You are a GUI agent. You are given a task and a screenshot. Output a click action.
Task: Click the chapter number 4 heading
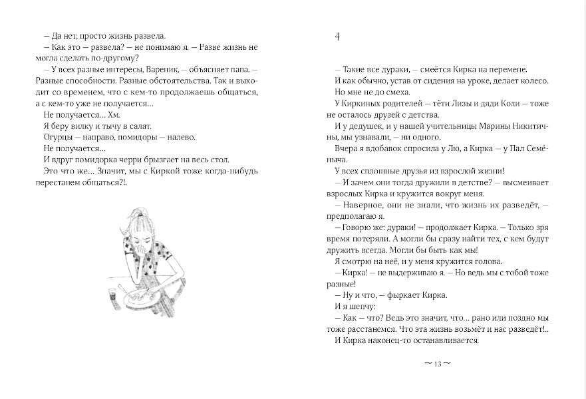tap(337, 38)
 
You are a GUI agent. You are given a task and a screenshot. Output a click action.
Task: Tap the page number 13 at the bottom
tap(437, 364)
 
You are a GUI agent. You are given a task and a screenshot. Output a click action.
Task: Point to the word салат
tap(138, 126)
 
